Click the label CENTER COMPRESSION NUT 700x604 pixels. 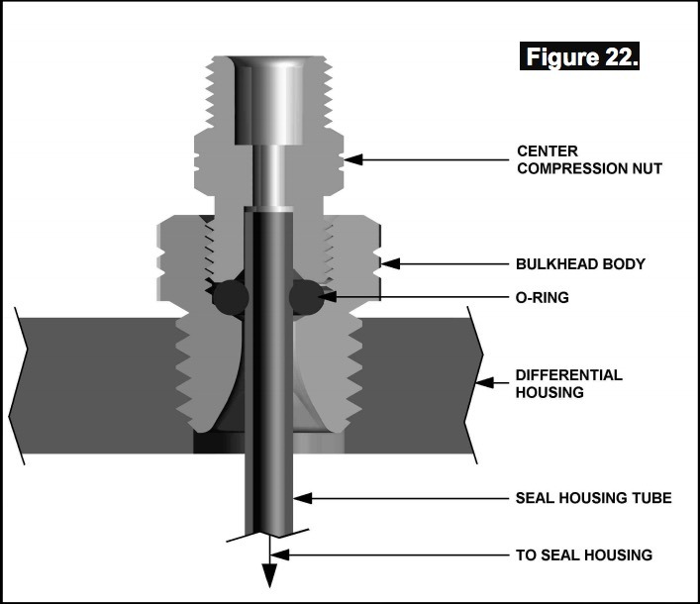click(589, 159)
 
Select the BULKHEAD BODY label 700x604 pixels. click(580, 264)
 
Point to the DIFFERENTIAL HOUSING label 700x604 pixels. click(568, 383)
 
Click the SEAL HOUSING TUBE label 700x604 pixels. click(593, 497)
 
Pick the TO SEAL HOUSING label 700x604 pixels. click(584, 554)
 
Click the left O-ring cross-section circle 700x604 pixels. click(230, 295)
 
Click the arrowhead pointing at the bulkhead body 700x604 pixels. click(390, 264)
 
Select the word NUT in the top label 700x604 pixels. click(646, 168)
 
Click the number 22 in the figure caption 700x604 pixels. click(618, 56)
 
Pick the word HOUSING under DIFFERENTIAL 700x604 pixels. click(550, 392)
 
